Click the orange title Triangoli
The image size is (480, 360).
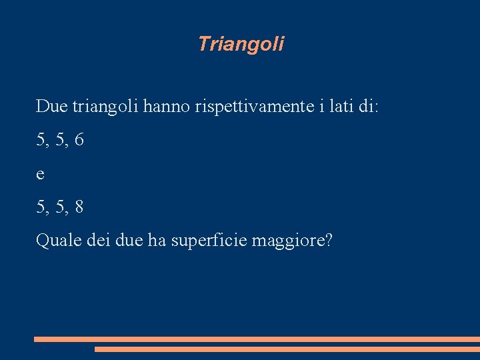[241, 44]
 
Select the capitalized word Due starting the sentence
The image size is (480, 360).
[51, 106]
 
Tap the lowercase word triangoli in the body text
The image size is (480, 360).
[105, 107]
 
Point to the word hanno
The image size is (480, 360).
[169, 106]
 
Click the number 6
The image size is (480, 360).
[79, 140]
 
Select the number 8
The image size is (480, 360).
[79, 207]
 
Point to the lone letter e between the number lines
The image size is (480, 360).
[41, 175]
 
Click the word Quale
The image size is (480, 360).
[59, 241]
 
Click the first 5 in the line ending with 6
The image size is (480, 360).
[41, 140]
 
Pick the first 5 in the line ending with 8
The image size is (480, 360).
[41, 207]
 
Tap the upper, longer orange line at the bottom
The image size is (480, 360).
[257, 339]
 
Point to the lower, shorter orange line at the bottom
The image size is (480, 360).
[287, 349]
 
